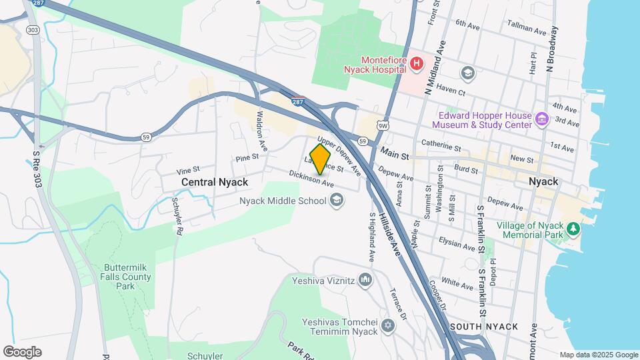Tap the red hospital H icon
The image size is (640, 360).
pyautogui.click(x=417, y=64)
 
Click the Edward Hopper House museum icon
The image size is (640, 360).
pyautogui.click(x=541, y=120)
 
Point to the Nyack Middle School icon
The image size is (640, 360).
pyautogui.click(x=337, y=200)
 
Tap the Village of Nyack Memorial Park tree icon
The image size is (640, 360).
pyautogui.click(x=573, y=229)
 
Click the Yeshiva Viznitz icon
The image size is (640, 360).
pyautogui.click(x=365, y=280)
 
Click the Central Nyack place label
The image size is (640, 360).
pyautogui.click(x=215, y=182)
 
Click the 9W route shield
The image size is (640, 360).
pyautogui.click(x=382, y=125)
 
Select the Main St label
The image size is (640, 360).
pyautogui.click(x=395, y=155)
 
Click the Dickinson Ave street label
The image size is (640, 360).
pyautogui.click(x=311, y=178)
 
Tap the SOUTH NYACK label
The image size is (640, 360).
pyautogui.click(x=484, y=327)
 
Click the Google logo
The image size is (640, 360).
pyautogui.click(x=22, y=352)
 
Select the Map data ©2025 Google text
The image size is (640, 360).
pyautogui.click(x=598, y=355)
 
